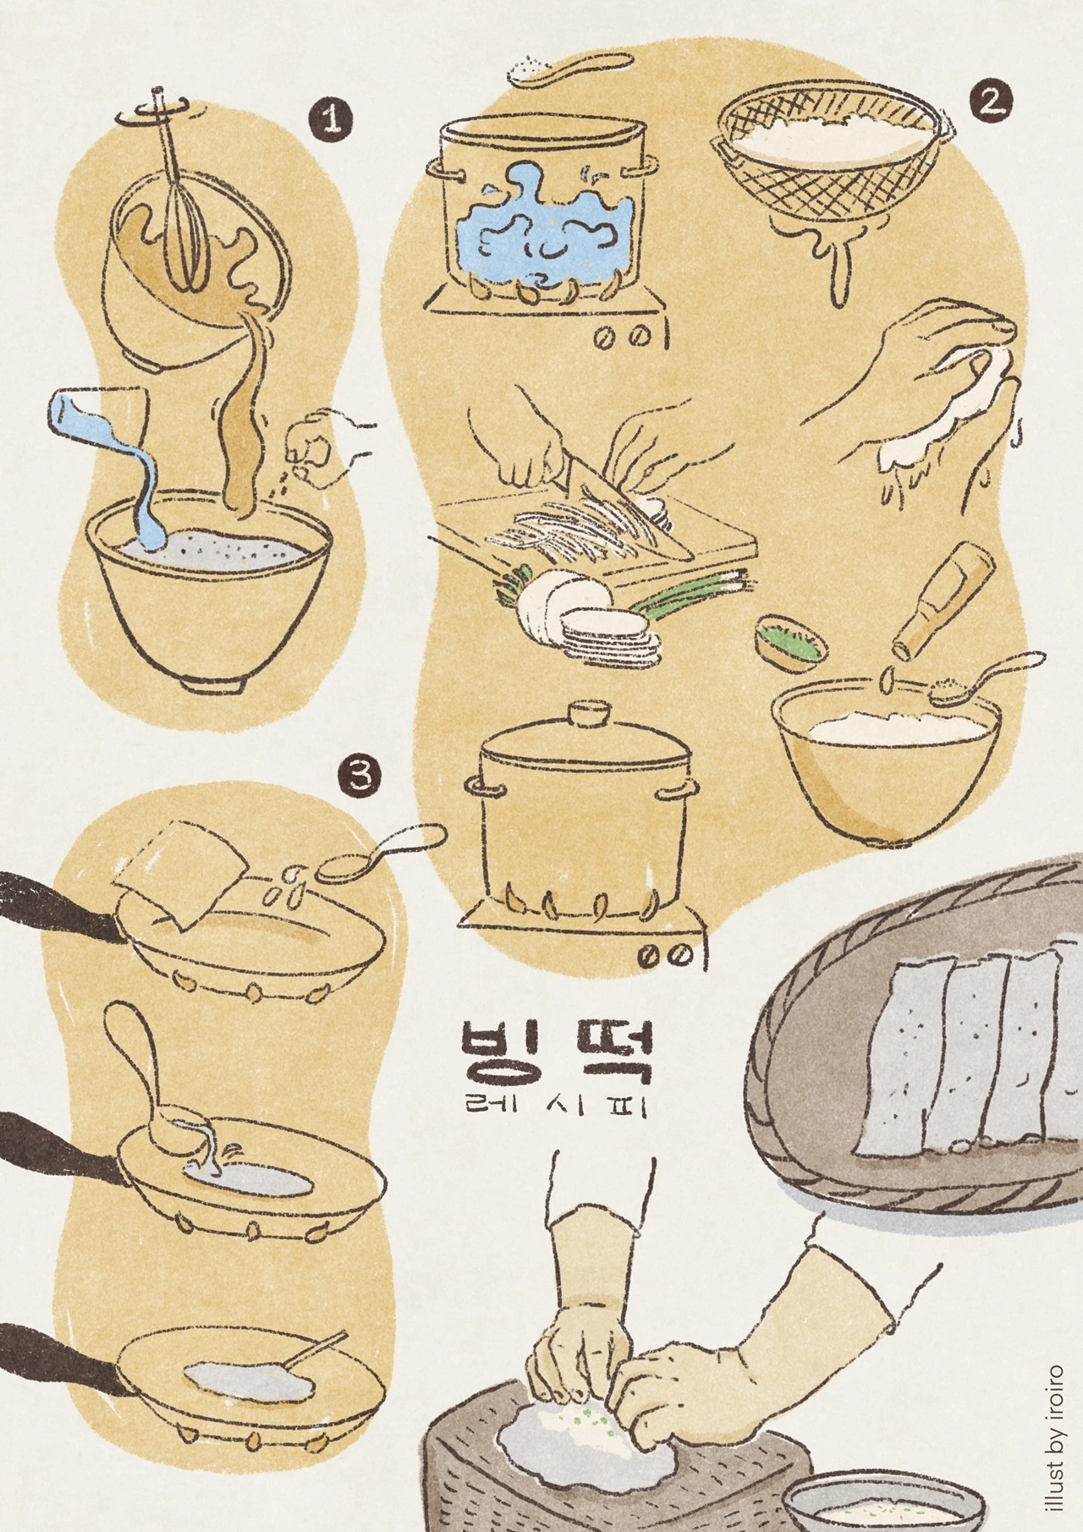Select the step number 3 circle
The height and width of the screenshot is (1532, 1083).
tap(360, 777)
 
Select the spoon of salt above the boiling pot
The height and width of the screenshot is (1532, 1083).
tap(571, 67)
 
